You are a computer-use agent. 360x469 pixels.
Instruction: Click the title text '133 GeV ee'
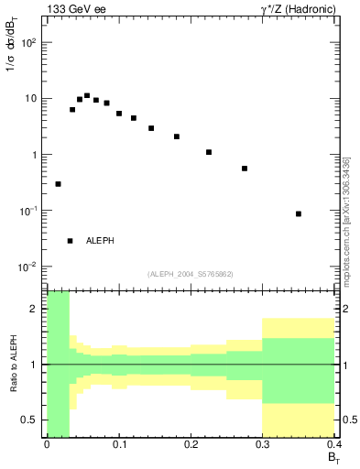[x=72, y=10]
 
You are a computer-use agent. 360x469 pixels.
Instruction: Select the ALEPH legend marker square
[x=70, y=241]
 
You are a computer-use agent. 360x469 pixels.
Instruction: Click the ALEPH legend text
[x=100, y=241]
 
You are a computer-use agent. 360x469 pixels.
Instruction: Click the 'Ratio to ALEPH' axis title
[x=13, y=362]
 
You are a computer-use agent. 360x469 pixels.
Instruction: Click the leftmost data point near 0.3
[x=58, y=184]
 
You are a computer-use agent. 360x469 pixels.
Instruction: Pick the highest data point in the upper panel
[x=87, y=95]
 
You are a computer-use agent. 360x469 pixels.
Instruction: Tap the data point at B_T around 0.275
[x=245, y=169]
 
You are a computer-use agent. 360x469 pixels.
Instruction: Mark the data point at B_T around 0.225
[x=209, y=152]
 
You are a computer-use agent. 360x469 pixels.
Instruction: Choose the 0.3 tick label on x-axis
[x=263, y=446]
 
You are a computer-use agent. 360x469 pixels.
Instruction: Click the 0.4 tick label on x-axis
[x=335, y=446]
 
